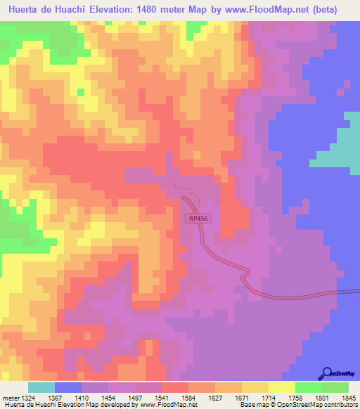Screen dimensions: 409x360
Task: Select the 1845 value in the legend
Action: tap(343, 378)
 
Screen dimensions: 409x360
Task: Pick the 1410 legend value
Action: tap(68, 378)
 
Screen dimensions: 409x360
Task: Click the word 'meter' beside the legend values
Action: tap(10, 378)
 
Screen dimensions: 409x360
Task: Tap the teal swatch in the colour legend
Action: tap(41, 387)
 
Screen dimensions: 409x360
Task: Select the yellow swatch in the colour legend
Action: tap(281, 387)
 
